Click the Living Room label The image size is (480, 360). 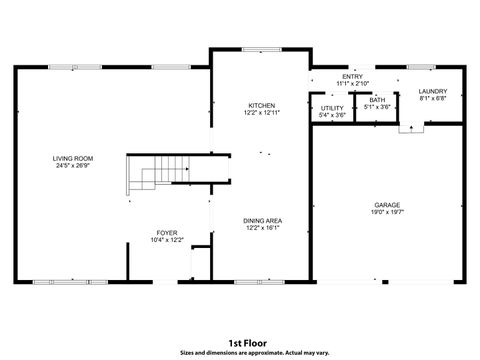pyautogui.click(x=74, y=158)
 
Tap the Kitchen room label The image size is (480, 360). pyautogui.click(x=262, y=105)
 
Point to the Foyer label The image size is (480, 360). pyautogui.click(x=167, y=232)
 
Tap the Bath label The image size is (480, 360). pyautogui.click(x=376, y=100)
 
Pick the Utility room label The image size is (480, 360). pyautogui.click(x=332, y=108)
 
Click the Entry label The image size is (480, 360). pyautogui.click(x=352, y=76)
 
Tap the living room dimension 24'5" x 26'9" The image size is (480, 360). pyautogui.click(x=74, y=166)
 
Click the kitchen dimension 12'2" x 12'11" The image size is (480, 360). pyautogui.click(x=262, y=113)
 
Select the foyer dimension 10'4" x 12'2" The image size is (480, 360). pyautogui.click(x=167, y=240)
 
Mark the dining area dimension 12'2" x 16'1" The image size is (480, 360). pyautogui.click(x=262, y=227)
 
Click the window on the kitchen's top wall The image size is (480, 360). pyautogui.click(x=261, y=49)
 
